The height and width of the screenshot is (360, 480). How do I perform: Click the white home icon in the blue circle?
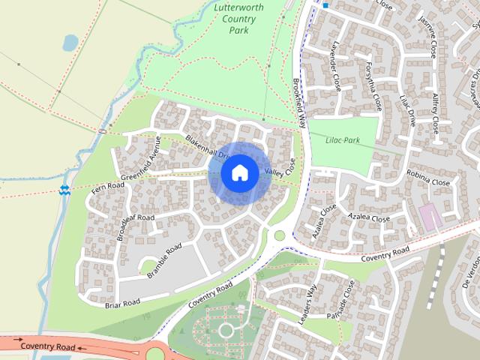[x=239, y=172]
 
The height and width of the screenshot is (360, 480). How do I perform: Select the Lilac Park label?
[x=343, y=139]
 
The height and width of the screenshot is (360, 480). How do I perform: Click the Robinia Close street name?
[x=429, y=181]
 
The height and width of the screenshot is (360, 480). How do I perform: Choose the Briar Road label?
[x=122, y=302]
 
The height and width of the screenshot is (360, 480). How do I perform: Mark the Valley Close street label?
[x=281, y=171]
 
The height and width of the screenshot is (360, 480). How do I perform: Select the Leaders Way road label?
[x=308, y=304]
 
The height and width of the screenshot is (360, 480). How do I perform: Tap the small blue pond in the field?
[x=69, y=43]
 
